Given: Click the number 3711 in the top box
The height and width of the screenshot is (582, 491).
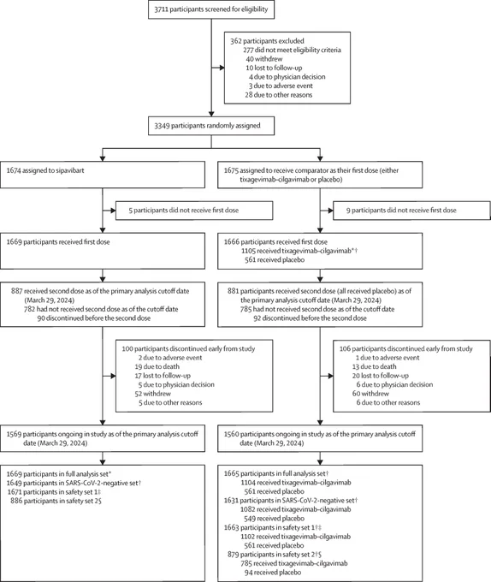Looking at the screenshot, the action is (162, 9).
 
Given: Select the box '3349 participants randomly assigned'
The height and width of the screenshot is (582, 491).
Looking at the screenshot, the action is (211, 126).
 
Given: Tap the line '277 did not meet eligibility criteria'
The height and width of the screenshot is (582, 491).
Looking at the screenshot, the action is (293, 50).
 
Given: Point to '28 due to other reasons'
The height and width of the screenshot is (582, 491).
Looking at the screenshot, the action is (279, 95).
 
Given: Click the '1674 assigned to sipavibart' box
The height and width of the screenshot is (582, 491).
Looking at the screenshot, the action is (103, 175).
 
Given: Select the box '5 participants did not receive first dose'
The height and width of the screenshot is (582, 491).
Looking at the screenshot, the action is (194, 211).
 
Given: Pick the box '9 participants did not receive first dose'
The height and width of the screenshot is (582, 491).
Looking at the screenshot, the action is (412, 211).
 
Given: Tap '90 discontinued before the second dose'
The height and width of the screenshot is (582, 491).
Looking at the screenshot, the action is (94, 318).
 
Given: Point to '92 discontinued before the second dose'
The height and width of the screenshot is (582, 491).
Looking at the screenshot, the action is (310, 318).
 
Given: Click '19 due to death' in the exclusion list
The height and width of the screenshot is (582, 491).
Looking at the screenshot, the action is (157, 366).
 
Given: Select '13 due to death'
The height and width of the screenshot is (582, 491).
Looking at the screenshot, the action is (374, 366).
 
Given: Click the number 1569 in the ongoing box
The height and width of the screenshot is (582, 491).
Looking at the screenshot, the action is (14, 434).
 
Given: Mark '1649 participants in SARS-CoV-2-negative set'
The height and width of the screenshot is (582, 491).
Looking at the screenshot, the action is (73, 483).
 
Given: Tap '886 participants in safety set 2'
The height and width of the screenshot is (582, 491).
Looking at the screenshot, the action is (55, 501).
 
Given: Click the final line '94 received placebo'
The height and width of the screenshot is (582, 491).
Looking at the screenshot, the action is (273, 573).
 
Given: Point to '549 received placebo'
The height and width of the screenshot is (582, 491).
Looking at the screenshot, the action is (274, 519).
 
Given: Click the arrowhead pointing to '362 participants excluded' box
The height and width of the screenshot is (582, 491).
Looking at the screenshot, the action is (222, 68).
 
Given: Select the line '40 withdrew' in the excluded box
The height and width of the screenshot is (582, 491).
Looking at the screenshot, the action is (263, 59).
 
